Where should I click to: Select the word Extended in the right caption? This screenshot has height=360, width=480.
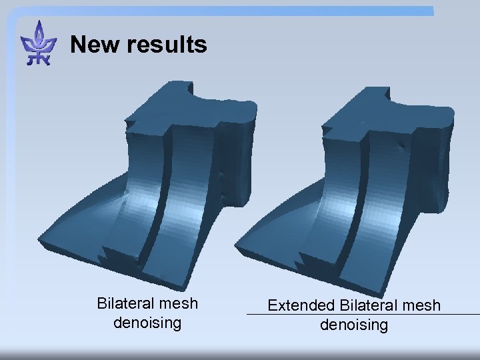(x=301, y=305)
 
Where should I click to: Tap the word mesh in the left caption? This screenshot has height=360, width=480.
(x=181, y=303)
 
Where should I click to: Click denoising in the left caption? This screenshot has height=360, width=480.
(x=147, y=323)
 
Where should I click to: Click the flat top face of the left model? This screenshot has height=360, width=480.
(x=193, y=107)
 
